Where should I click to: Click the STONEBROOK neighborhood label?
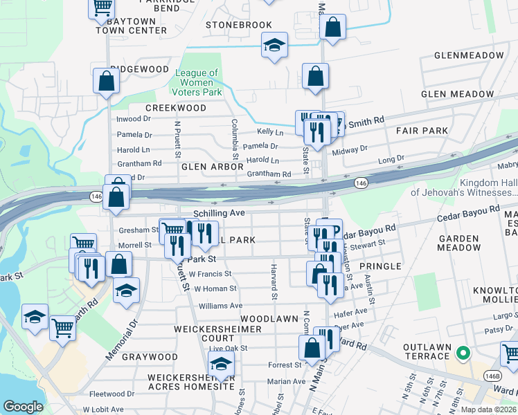coord(239,25)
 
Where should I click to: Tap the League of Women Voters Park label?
coord(198,82)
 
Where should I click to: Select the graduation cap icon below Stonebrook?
coord(274,46)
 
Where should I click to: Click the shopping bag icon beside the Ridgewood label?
coord(107,80)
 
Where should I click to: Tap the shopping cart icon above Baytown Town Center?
coord(101,8)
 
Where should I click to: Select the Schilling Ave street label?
coord(219,214)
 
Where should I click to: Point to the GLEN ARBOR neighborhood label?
coord(212,167)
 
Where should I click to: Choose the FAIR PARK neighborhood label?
coord(422,130)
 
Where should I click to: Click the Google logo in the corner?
coord(23,407)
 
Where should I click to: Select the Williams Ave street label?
coord(220,305)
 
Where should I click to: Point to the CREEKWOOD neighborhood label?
coord(175,108)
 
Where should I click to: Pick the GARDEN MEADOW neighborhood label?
coord(459,243)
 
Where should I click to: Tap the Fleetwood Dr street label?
coord(82,395)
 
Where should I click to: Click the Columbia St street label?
coord(235,133)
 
